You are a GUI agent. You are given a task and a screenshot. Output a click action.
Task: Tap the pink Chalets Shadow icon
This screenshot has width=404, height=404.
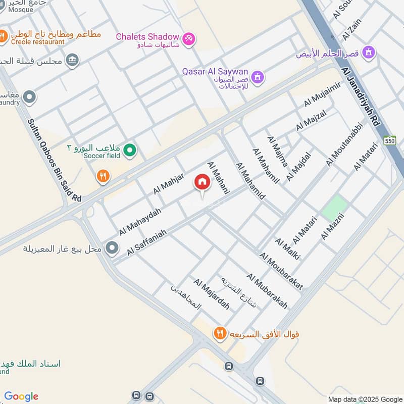[x=188, y=38]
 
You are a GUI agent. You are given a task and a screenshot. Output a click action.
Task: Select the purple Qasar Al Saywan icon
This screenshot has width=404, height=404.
[x=258, y=77]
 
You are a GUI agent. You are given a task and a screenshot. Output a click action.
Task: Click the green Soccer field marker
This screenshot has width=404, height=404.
[x=130, y=150]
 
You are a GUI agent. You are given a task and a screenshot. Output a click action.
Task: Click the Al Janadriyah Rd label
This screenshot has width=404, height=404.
[x=361, y=95]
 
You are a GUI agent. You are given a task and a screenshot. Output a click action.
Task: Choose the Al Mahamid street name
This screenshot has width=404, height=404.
[x=250, y=181]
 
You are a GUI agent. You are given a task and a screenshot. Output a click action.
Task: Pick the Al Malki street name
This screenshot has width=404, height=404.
[x=287, y=249]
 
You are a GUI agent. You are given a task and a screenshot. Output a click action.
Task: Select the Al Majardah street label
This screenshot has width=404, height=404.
[x=212, y=294]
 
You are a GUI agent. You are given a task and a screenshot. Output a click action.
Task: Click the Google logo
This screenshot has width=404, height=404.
[x=21, y=396]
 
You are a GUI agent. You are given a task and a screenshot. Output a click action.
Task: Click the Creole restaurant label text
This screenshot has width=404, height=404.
[x=37, y=42]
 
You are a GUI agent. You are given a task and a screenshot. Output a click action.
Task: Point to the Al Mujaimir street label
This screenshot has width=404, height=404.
[x=323, y=94]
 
